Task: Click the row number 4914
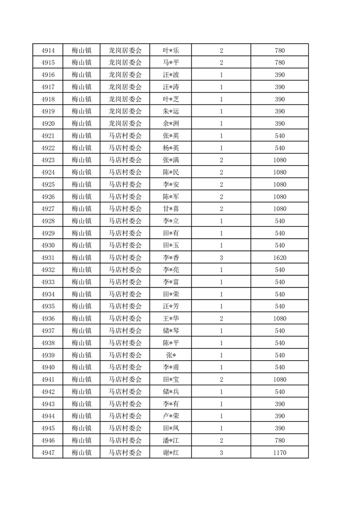[48, 50]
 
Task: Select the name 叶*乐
[171, 50]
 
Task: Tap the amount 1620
[280, 258]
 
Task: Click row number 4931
[48, 258]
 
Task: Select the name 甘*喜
[171, 209]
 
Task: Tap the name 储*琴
[171, 331]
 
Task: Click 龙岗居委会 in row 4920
[125, 123]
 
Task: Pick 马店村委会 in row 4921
[125, 136]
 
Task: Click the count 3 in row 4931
[221, 258]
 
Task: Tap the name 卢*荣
[171, 416]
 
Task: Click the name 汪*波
[171, 75]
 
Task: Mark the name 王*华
[171, 318]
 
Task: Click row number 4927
[48, 209]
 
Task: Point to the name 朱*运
[171, 111]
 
